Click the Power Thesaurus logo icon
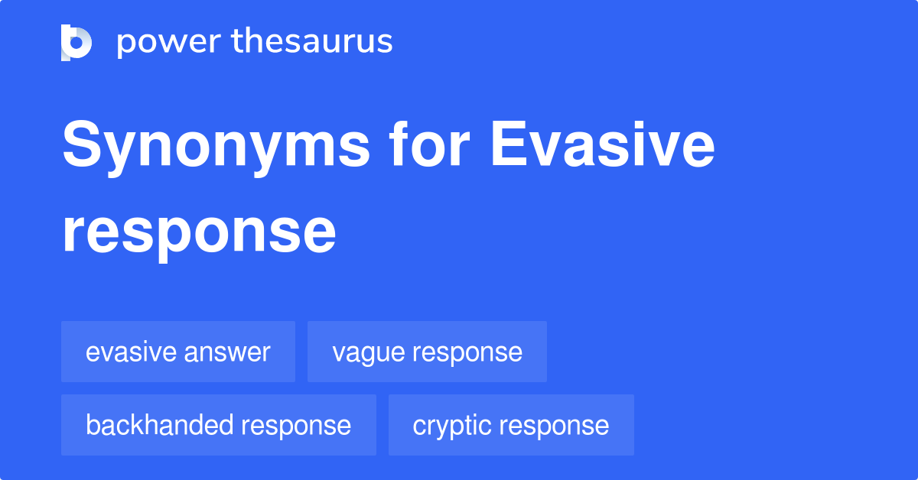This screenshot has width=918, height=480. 76,42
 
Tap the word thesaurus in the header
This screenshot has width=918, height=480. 312,42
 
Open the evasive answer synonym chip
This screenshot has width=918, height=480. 177,352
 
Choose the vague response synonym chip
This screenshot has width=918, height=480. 427,352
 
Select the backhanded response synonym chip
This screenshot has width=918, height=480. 218,425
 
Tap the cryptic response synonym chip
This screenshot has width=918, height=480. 511,425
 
